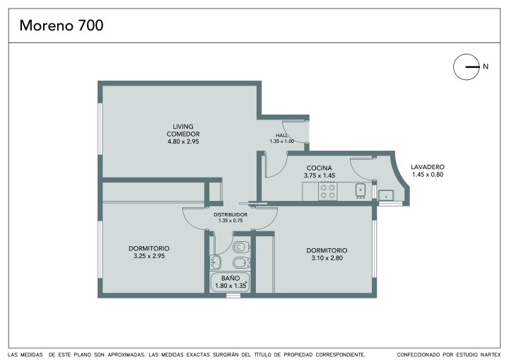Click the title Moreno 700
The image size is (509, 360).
62,25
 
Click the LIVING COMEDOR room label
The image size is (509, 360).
183,130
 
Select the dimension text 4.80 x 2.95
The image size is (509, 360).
183,141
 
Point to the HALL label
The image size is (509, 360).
282,135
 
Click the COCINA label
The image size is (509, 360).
320,168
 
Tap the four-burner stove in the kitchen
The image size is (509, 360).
328,192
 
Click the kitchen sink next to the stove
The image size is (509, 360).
361,190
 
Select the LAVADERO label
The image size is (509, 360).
428,167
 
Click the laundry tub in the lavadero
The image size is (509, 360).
386,196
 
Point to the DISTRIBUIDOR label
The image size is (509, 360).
230,215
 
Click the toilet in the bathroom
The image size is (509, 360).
241,248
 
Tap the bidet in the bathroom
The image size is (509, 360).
242,262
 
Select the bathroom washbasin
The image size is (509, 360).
215,262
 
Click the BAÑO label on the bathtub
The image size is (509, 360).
230,278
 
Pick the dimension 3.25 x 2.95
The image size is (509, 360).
149,256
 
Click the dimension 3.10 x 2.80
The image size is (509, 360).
327,258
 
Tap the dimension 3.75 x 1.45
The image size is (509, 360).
320,175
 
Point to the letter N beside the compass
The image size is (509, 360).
486,66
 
